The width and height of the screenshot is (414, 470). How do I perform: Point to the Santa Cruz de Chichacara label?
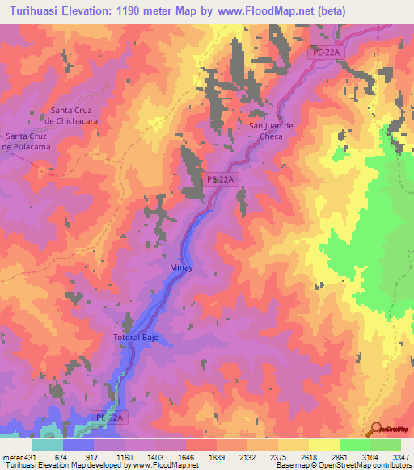point(74,115)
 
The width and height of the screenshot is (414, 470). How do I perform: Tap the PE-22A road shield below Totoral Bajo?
point(109,418)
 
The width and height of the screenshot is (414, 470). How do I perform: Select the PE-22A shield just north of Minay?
point(222,179)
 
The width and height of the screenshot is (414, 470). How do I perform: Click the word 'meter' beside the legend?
point(12,456)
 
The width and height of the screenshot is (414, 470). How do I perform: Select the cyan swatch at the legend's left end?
point(47,445)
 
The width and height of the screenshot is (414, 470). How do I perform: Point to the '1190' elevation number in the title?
point(144,11)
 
